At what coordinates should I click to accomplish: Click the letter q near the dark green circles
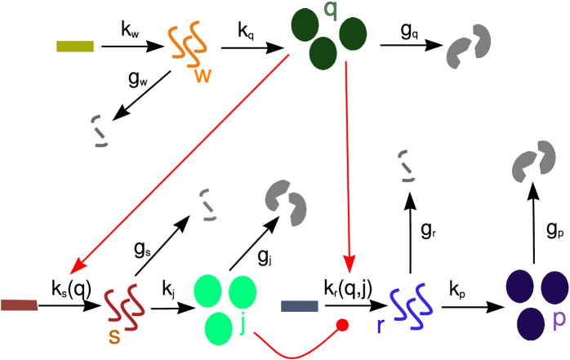pos(330,10)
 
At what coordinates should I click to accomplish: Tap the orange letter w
pos(203,76)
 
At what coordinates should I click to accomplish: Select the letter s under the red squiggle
pos(114,336)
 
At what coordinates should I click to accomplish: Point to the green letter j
pos(243,325)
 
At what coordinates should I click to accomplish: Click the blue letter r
pos(380,327)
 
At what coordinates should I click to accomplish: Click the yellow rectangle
pos(75,47)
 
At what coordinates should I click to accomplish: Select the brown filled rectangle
pos(19,305)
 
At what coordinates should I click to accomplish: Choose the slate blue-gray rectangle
pos(300,306)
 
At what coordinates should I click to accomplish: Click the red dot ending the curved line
pos(343,325)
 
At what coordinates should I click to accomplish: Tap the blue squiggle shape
pos(411,307)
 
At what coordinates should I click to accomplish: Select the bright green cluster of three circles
pos(225,309)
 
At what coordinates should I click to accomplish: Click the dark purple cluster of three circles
pos(537,304)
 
